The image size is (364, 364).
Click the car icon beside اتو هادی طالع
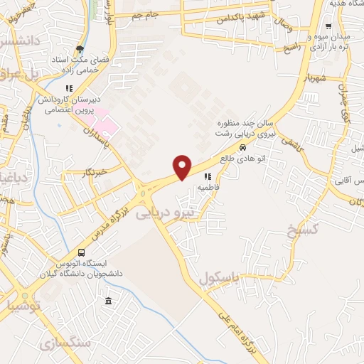tap(243, 148)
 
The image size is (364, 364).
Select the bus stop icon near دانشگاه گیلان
tap(82, 253)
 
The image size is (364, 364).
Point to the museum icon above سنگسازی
tap(107, 301)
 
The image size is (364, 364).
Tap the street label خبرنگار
tap(94, 172)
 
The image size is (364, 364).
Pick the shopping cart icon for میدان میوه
tap(328, 26)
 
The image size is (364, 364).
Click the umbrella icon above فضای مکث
tap(80, 49)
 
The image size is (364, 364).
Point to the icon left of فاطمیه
tap(207, 176)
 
